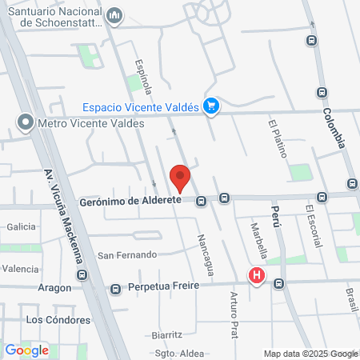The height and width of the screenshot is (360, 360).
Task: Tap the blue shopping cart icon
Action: point(211,106)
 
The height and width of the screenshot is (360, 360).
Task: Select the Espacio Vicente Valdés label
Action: point(142,106)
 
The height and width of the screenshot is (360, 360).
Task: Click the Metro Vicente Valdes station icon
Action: point(26,123)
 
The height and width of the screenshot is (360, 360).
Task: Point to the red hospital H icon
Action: point(257,276)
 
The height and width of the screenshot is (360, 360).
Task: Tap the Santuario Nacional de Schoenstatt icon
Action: point(115,15)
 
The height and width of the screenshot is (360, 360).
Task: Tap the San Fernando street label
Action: point(126,255)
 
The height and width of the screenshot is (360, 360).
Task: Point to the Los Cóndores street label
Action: point(58,319)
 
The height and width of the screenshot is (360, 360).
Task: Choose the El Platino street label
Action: point(278,138)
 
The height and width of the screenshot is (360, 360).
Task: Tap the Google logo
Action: point(26,350)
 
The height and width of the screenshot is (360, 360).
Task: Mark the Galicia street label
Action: point(22,227)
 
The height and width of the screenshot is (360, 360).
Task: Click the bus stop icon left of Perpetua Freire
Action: point(115,288)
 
